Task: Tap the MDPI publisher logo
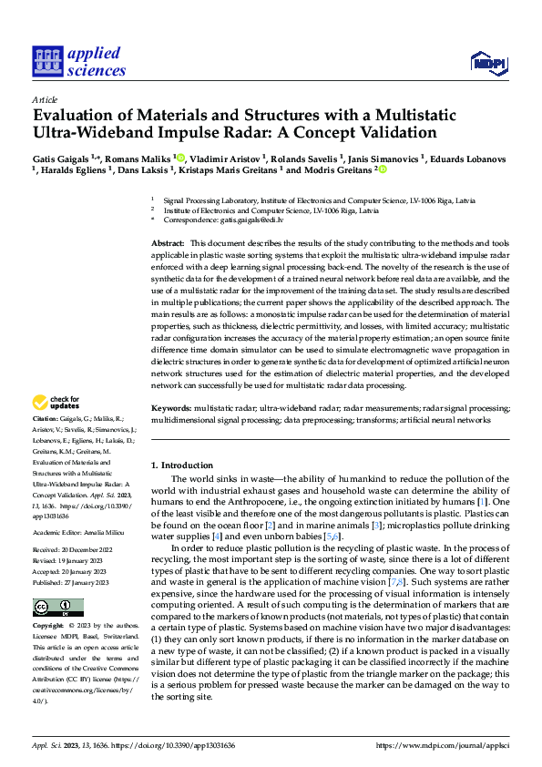click(x=487, y=61)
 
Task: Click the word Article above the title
click(x=45, y=98)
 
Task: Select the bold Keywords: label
click(x=170, y=409)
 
